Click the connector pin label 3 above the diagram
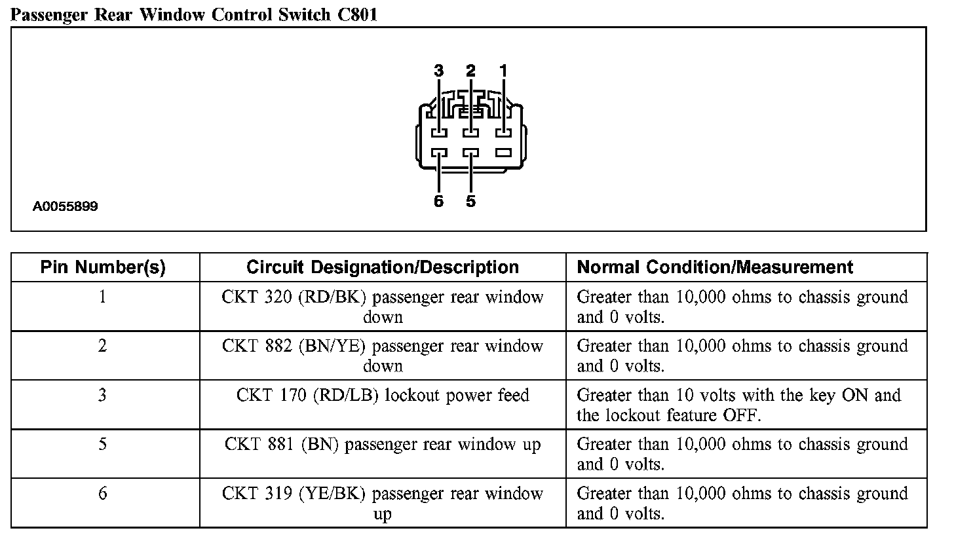click(438, 70)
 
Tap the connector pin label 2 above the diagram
click(470, 70)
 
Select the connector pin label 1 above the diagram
click(503, 70)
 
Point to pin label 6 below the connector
click(438, 201)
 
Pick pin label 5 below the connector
click(470, 201)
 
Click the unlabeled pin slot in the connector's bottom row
click(503, 153)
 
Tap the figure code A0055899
click(66, 207)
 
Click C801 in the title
click(358, 14)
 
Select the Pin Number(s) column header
click(103, 267)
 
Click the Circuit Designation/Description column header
click(383, 267)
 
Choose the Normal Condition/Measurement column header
click(715, 267)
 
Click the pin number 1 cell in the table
click(103, 297)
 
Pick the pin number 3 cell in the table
click(103, 395)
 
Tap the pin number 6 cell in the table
click(103, 493)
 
